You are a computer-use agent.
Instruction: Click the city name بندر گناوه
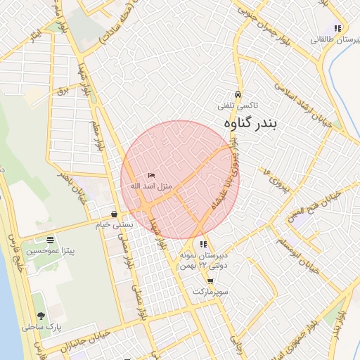point(250,124)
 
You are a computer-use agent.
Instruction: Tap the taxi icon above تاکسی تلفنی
point(238,94)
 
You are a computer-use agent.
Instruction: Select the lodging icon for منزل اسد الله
point(151,175)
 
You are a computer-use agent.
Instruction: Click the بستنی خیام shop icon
point(114,214)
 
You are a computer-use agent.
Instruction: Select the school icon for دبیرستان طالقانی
point(337,29)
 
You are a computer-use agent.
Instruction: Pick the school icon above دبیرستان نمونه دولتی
point(204,245)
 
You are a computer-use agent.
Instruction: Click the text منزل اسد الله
point(147,186)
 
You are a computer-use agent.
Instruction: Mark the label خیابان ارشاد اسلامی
point(309,106)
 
